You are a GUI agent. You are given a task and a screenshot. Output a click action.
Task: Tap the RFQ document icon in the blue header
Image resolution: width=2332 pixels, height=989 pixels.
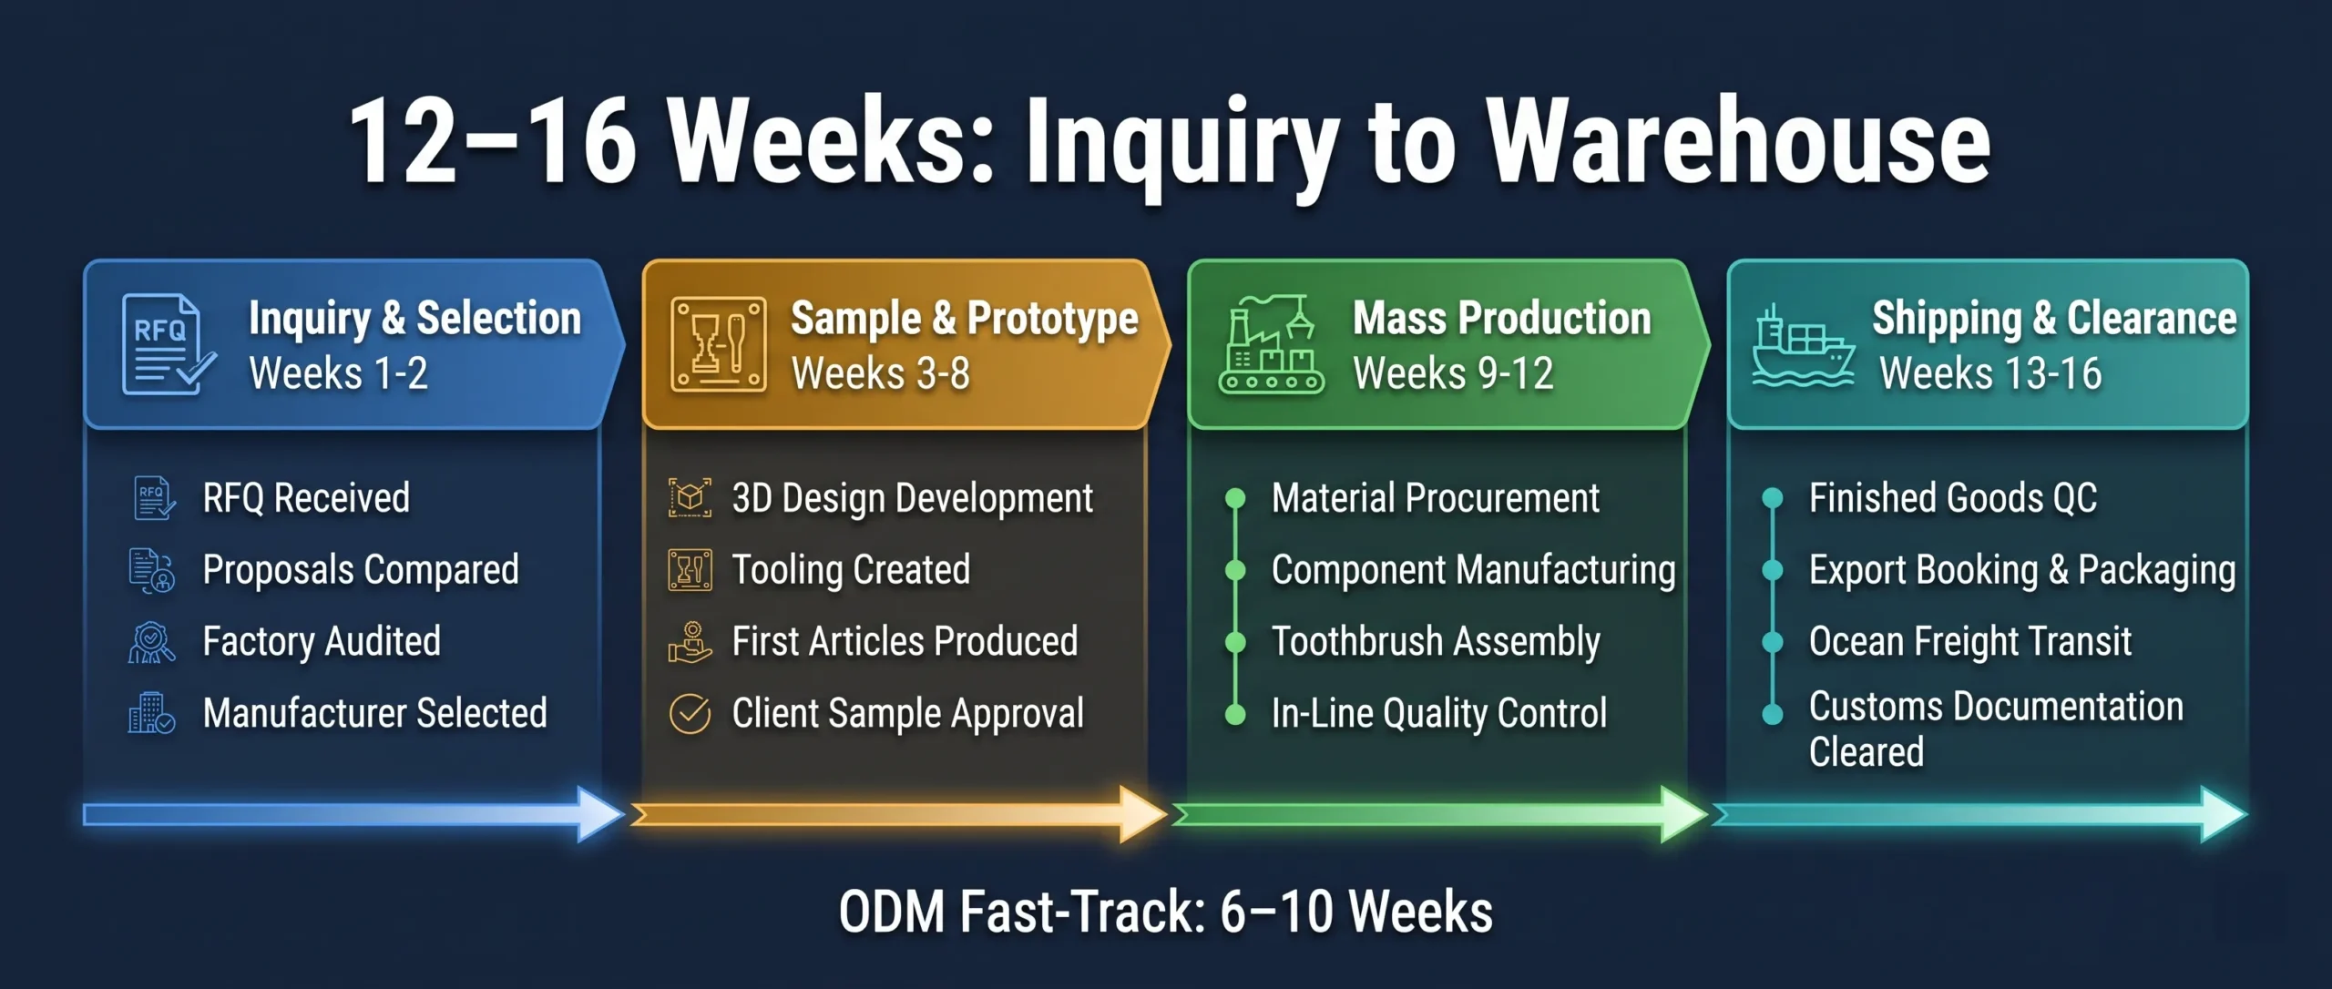tap(167, 344)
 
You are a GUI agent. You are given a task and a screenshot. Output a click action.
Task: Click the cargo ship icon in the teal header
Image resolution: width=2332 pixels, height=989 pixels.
tap(1802, 348)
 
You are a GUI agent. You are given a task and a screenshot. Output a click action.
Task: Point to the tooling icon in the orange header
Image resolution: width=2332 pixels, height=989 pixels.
tap(718, 345)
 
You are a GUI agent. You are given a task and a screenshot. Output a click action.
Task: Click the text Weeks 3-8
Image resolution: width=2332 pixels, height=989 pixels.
tap(880, 373)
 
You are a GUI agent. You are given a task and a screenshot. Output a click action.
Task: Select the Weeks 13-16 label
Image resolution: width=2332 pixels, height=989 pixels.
tap(1990, 373)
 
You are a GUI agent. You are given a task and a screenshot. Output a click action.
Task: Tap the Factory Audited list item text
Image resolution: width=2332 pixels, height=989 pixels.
tap(322, 641)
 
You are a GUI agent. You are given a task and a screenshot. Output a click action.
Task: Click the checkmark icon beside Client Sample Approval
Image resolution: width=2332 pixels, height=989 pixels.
tap(690, 713)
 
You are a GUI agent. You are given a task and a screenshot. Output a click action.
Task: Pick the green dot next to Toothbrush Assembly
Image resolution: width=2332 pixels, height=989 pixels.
tap(1235, 642)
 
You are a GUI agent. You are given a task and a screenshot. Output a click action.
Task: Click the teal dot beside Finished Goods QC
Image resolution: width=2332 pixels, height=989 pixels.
tap(1773, 498)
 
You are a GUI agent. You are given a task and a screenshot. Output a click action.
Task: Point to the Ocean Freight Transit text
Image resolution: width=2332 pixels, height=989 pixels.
tap(1969, 641)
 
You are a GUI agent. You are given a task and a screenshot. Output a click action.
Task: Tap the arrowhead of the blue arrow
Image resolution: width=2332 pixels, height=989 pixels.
tap(599, 813)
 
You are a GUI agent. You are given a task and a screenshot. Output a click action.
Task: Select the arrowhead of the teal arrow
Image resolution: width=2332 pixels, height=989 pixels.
tap(2223, 813)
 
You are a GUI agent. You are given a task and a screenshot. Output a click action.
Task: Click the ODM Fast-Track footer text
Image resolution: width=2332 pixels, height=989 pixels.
tap(1165, 912)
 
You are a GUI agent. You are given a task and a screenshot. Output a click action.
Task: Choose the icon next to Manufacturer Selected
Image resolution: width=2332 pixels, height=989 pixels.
tap(150, 713)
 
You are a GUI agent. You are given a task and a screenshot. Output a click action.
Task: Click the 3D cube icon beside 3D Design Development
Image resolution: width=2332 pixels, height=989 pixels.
tap(690, 498)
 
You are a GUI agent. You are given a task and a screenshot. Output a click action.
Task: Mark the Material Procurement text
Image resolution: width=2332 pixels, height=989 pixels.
tap(1435, 498)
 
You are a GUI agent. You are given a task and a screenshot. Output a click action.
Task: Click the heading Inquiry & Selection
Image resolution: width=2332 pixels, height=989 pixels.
tap(414, 318)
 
